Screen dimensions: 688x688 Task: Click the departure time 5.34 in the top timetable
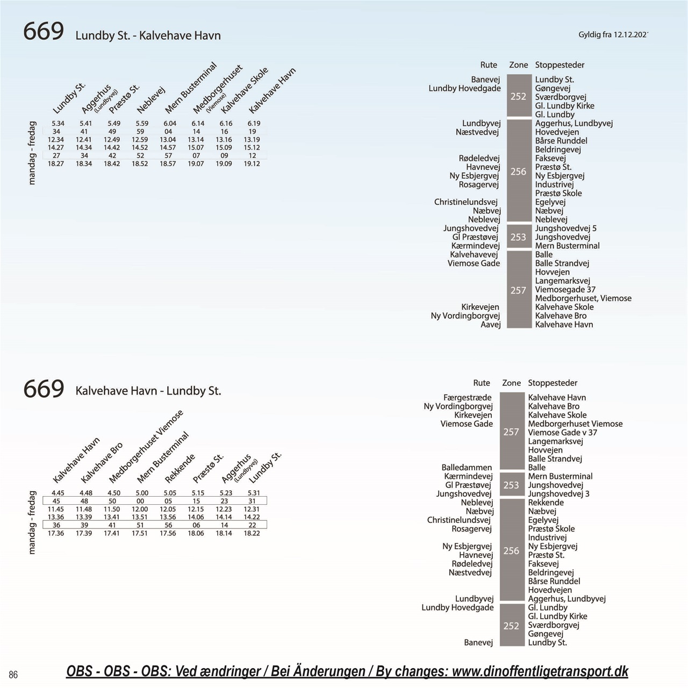pyautogui.click(x=58, y=124)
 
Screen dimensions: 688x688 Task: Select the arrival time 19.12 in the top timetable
pyautogui.click(x=252, y=164)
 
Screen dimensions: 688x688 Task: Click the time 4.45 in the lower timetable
pyautogui.click(x=58, y=493)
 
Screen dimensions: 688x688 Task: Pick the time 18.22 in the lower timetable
pyautogui.click(x=252, y=533)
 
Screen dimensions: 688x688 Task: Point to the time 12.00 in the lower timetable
pyautogui.click(x=140, y=510)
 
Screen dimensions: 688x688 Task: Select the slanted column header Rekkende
pyautogui.click(x=180, y=468)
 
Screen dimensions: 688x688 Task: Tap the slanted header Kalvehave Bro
pyautogui.click(x=102, y=462)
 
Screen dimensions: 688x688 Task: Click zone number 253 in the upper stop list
pyautogui.click(x=518, y=237)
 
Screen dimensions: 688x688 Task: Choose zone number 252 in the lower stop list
pyautogui.click(x=511, y=626)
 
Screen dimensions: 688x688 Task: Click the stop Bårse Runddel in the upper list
pyautogui.click(x=561, y=141)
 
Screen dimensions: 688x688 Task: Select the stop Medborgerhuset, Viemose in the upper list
pyautogui.click(x=583, y=298)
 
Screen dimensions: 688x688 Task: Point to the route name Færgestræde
pyautogui.click(x=467, y=398)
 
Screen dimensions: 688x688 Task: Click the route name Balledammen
pyautogui.click(x=467, y=467)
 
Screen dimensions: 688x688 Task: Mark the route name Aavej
pyautogui.click(x=491, y=325)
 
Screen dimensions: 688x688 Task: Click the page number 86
pyautogui.click(x=13, y=675)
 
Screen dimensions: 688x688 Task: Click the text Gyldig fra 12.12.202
pyautogui.click(x=613, y=34)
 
